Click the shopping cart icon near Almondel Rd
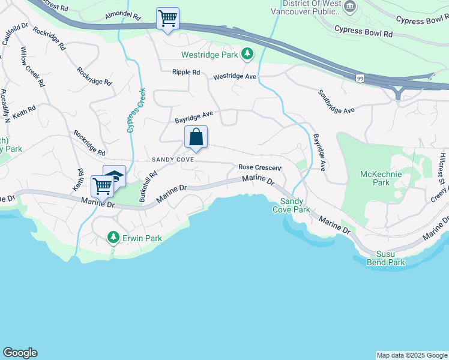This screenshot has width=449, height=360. (167, 19)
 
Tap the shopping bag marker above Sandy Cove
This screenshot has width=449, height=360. (196, 137)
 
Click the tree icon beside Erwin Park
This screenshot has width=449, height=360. (113, 238)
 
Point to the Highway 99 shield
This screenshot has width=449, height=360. (359, 79)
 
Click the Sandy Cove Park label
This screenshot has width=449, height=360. (295, 206)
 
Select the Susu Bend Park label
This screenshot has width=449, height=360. (387, 258)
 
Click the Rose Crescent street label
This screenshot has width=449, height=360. (259, 167)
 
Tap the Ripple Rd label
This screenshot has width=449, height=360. (186, 72)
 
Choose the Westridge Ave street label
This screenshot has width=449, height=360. (235, 76)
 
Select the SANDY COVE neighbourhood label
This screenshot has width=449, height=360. (172, 160)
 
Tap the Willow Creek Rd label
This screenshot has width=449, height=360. (32, 67)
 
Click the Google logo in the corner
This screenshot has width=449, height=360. (20, 353)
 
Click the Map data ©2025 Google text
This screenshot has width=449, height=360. (412, 355)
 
